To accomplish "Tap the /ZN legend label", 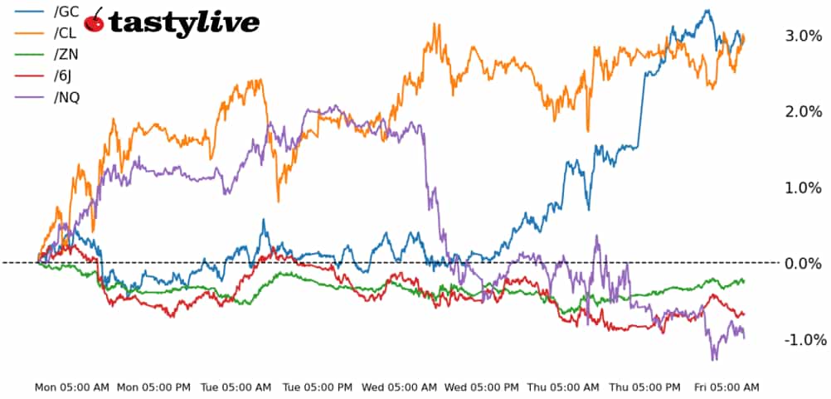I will tap(67, 56).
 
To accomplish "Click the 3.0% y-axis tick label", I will tap(802, 36).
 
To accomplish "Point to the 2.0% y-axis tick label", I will tap(802, 112).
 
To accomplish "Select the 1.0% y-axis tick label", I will tap(802, 188).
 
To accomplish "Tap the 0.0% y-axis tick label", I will tap(802, 264).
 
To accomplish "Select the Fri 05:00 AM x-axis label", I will tap(727, 387).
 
